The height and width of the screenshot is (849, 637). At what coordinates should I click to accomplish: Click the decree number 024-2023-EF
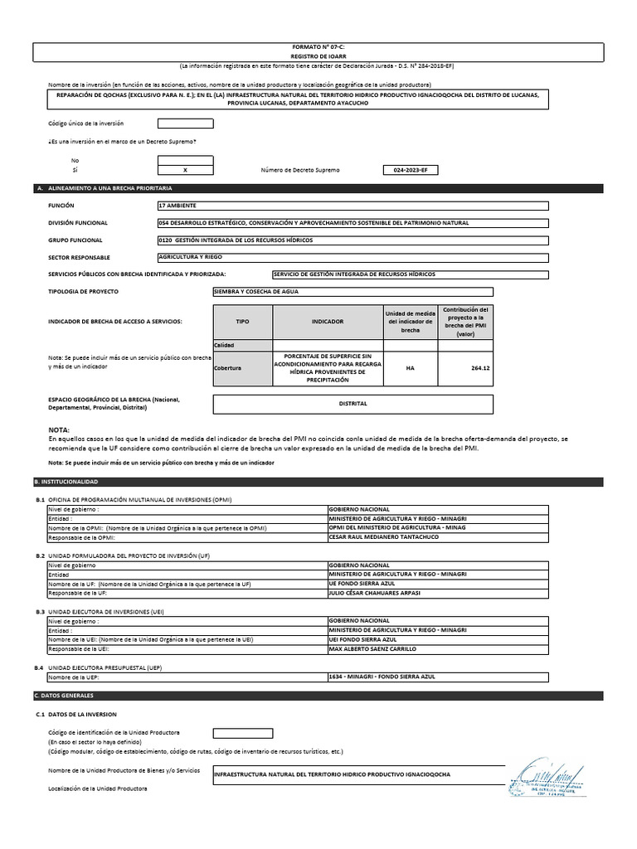tap(411, 170)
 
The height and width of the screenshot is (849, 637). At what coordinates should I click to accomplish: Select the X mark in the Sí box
tap(185, 170)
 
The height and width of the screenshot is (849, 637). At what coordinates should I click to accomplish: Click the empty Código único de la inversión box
tap(185, 124)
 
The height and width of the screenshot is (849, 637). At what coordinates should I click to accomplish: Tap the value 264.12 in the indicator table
tap(469, 369)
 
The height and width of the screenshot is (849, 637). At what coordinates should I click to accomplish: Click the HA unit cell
tap(411, 369)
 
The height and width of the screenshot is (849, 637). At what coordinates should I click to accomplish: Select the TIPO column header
tap(242, 322)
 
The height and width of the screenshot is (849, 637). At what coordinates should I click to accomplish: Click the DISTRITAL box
tap(353, 404)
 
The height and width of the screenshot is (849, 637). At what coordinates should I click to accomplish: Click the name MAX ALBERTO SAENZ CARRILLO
tap(372, 649)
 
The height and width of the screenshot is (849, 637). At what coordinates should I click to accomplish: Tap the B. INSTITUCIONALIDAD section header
tap(66, 482)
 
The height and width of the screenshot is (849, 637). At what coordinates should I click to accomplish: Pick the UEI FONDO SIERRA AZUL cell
tap(363, 640)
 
